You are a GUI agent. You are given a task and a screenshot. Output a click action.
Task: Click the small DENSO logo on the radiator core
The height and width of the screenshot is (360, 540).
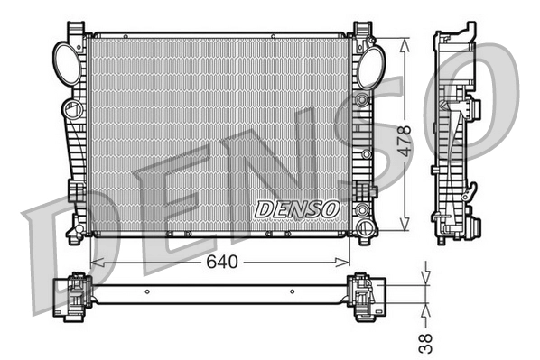(x=296, y=208)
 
